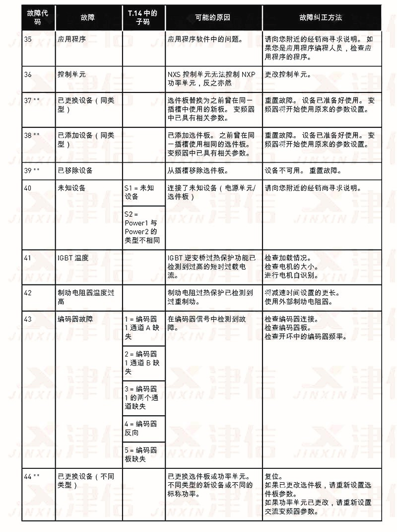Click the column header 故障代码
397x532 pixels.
(38, 17)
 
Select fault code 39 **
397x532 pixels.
(32, 171)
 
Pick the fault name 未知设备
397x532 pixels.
(71, 188)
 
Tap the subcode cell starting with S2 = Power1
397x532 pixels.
(142, 227)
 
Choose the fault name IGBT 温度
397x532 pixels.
(73, 258)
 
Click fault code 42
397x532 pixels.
(28, 293)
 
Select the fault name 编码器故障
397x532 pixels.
(75, 319)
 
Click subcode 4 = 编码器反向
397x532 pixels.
(140, 428)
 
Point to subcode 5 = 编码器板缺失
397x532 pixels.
(140, 454)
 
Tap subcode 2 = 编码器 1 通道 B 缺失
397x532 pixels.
(141, 362)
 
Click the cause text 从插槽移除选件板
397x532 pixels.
(198, 171)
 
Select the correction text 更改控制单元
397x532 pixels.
(288, 74)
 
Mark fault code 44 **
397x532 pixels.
(32, 476)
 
